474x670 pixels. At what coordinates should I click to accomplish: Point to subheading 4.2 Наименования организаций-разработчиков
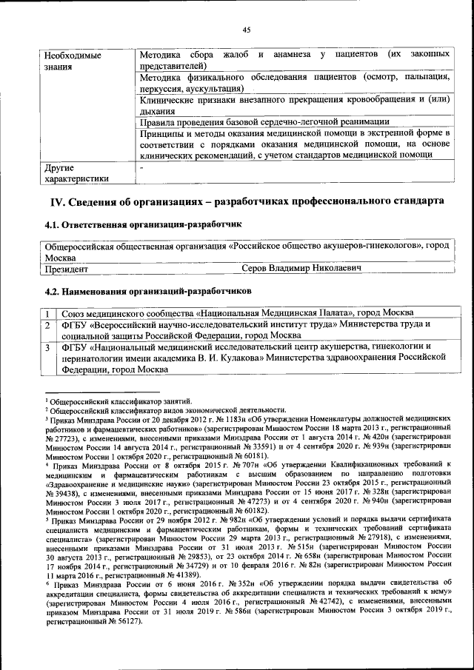point(148,292)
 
